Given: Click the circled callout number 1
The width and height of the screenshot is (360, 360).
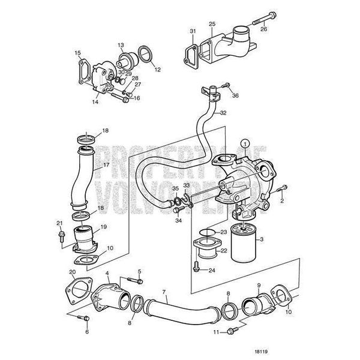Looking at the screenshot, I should (244, 143).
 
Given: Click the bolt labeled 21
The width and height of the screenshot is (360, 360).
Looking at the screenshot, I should (61, 236).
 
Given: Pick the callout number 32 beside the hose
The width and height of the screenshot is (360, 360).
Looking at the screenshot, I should (223, 112).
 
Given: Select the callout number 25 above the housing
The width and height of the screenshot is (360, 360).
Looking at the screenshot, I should (212, 23).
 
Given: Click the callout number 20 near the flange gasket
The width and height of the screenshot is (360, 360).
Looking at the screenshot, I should (72, 272).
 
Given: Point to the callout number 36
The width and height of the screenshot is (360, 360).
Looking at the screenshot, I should (235, 95).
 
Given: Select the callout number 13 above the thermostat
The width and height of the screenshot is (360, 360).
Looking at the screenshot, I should (121, 45).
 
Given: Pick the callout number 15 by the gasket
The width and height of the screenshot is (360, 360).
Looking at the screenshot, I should (77, 53).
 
